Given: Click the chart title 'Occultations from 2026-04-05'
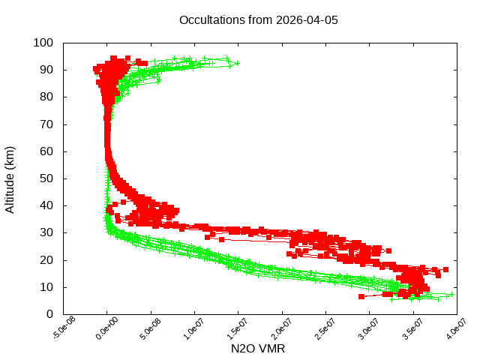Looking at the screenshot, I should click(259, 20).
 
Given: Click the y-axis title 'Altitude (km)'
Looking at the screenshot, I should click(10, 178).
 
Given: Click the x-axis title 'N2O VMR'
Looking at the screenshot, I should click(258, 349).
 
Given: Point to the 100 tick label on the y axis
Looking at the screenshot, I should click(43, 43).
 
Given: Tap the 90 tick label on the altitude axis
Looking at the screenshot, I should click(46, 70).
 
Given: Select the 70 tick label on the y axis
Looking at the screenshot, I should click(46, 124).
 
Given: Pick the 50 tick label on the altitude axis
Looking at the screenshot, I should click(46, 178).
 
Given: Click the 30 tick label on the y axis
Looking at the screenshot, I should click(46, 232).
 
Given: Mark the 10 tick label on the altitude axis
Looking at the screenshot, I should click(46, 286).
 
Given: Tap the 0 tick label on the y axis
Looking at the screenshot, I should click(49, 313).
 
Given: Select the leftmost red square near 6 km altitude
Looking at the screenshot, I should click(361, 297).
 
